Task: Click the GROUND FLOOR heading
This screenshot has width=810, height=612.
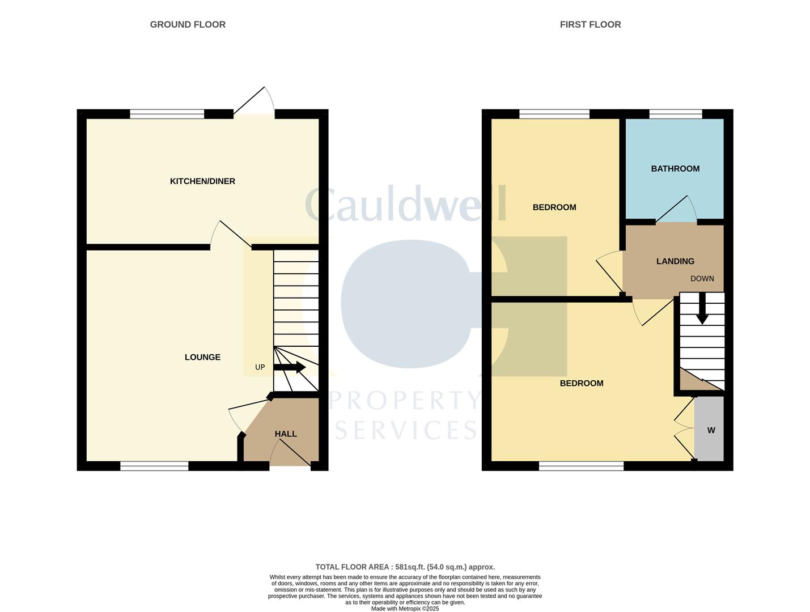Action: pos(188,24)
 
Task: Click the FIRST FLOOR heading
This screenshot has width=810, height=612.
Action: pos(590,24)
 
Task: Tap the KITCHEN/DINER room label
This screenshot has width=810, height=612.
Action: pos(202,181)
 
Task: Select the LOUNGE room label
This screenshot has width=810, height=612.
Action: pos(202,357)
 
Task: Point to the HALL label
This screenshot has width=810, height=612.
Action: pos(286,434)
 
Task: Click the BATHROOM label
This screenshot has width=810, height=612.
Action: pos(675,169)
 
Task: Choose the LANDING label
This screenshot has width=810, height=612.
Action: pos(675,261)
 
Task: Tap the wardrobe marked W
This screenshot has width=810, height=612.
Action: pos(711,430)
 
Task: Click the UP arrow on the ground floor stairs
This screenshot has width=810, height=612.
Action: pos(290,368)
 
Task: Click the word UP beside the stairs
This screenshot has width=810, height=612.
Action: pos(260,367)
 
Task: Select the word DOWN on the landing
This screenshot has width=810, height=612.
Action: pos(702,279)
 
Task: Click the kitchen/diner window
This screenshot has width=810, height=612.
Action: pos(167,114)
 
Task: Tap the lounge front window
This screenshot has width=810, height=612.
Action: pos(154,466)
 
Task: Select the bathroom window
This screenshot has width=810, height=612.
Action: pos(676,114)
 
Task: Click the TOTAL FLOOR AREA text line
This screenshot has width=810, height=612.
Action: pos(405,567)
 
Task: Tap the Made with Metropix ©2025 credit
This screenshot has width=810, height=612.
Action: pos(405,609)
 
